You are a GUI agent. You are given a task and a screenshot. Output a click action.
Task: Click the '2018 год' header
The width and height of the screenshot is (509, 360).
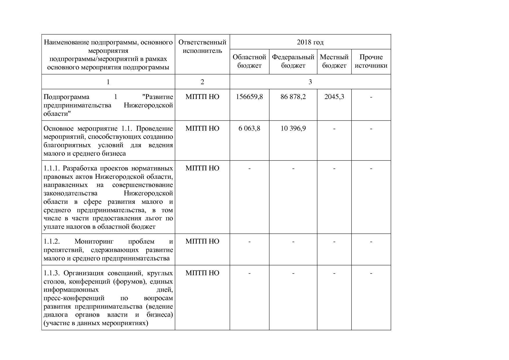coord(310,42)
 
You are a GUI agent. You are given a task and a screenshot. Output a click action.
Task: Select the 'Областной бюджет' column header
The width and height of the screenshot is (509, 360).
coord(249,61)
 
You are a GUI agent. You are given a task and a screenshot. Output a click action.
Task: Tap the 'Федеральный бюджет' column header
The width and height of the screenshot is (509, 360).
coord(293,61)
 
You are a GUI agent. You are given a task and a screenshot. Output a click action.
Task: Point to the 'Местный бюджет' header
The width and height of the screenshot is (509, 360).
coord(334,61)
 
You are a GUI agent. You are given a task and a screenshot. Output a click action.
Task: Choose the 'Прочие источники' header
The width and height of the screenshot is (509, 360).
coord(371,61)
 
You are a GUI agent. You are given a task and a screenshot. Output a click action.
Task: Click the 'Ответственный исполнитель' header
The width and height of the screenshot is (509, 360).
coord(202,47)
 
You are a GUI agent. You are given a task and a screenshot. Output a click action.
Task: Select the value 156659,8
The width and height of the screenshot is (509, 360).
coord(249,97)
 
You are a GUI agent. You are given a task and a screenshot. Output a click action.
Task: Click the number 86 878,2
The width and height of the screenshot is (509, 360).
coord(293,97)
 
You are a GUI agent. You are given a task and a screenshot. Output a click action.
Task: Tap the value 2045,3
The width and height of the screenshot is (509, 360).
coord(334,97)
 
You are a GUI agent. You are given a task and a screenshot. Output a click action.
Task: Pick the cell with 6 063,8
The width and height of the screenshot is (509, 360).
coord(249,128)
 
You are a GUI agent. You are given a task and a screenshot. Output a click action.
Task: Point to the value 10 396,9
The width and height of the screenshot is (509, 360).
coord(293,128)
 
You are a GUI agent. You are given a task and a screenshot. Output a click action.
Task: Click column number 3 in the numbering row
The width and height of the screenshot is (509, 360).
coord(310,82)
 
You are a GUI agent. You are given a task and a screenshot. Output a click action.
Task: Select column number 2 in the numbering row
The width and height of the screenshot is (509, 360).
coord(202,82)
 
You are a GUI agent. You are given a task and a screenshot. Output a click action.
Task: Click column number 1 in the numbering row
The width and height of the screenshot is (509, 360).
coord(108,82)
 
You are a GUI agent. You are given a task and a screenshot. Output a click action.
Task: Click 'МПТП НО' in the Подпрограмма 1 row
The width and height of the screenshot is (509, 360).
coord(202,97)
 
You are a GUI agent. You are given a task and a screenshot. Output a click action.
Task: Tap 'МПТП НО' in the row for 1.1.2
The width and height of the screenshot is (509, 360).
coord(202,242)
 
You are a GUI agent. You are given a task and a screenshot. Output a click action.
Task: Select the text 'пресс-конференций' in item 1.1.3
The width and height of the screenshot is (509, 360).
coord(74,298)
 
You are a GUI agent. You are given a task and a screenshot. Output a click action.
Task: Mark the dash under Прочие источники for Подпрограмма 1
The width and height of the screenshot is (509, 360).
coord(371,97)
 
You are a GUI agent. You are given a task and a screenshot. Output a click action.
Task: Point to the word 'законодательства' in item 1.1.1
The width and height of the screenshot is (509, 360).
coord(71,193)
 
